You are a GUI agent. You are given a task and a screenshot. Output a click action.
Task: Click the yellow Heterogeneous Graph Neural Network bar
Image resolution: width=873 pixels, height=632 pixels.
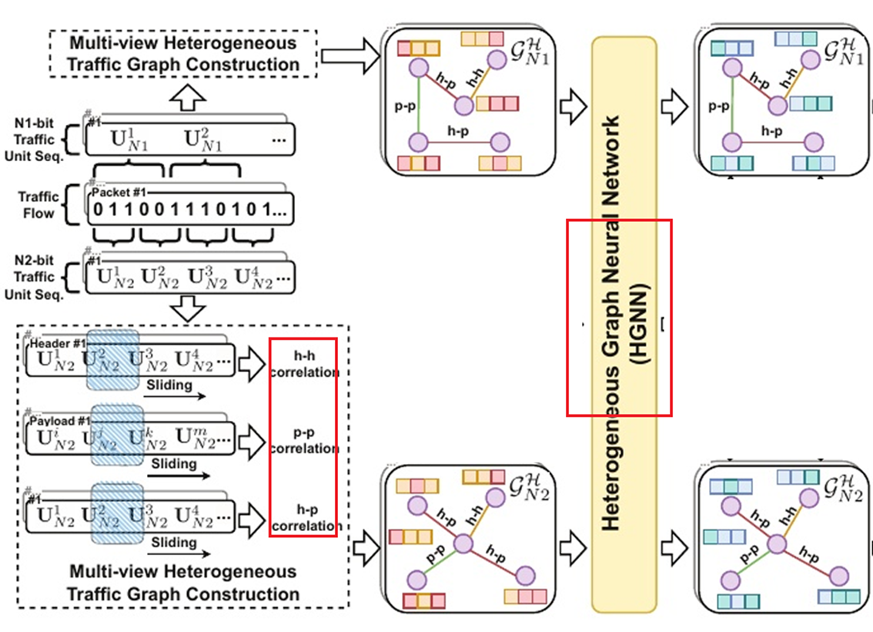[624, 324]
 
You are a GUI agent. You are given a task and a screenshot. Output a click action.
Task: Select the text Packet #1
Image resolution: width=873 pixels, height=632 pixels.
[116, 191]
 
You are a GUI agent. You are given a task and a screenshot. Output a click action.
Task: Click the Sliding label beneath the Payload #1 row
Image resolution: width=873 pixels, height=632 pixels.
[174, 464]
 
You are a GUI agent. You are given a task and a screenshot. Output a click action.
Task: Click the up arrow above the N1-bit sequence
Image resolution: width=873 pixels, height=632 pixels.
[188, 96]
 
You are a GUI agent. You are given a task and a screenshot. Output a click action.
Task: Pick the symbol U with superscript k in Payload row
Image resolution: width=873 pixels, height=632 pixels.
[143, 439]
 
